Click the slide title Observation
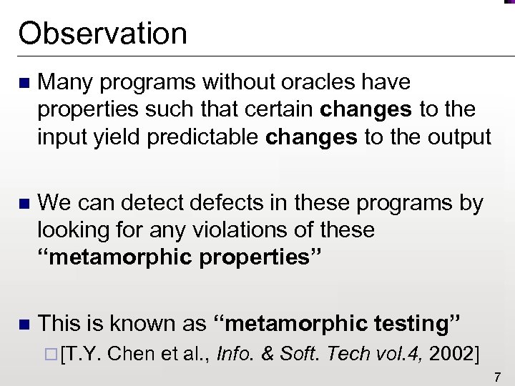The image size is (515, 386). point(103,33)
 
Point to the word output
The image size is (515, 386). point(456,137)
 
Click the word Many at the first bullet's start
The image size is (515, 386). point(67,83)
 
